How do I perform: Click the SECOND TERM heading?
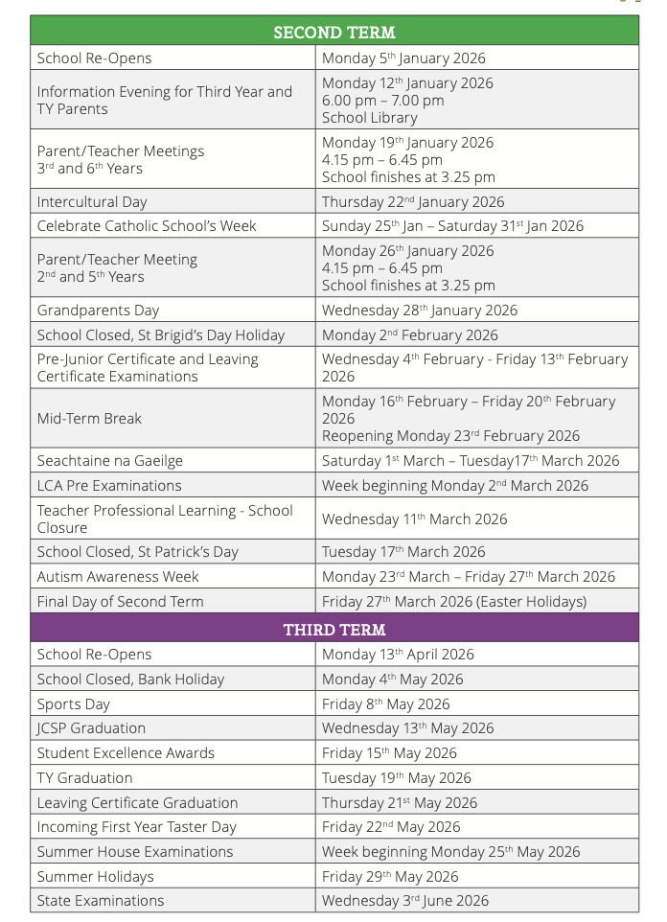333,32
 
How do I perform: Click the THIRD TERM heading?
333,630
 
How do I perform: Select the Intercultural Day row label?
92,201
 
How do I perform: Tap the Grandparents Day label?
98,311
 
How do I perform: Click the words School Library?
369,118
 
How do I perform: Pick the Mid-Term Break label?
89,419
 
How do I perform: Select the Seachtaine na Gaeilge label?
109,461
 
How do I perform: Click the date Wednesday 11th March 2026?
415,519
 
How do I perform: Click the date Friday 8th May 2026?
385,704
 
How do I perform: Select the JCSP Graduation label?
91,728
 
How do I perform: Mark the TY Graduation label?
84,778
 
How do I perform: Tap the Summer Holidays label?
95,877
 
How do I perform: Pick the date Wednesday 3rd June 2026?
405,901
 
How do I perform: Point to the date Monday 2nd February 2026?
410,335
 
